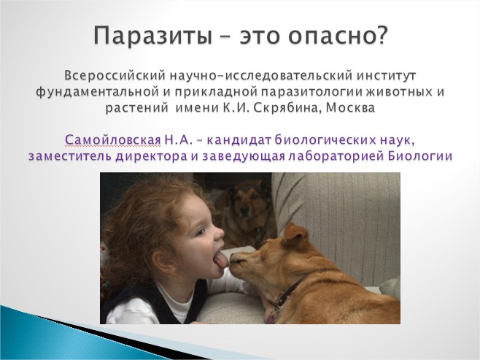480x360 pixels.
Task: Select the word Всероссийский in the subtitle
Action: click(x=115, y=75)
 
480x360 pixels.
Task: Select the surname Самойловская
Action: click(x=113, y=140)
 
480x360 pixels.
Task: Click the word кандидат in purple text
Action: click(x=239, y=140)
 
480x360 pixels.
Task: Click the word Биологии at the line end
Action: click(x=420, y=156)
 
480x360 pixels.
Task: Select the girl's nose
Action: click(x=219, y=234)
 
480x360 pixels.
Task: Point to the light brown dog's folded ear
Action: click(x=295, y=235)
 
